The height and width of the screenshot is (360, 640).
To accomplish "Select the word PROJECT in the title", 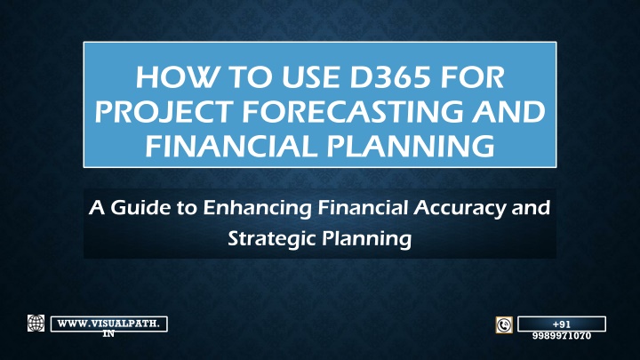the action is click(164, 111).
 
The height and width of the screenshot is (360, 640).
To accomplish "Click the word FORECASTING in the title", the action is click(353, 111).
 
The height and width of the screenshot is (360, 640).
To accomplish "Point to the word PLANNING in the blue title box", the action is click(410, 146).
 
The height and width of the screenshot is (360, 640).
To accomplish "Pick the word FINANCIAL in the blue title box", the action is click(231, 146).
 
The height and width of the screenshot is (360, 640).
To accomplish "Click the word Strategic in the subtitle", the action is click(271, 239).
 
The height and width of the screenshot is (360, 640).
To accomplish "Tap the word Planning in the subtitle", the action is click(367, 239).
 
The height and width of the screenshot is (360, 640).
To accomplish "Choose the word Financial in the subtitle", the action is click(363, 207).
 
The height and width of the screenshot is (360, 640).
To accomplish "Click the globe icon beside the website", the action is click(36, 324).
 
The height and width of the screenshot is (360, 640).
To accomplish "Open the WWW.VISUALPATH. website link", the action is click(109, 324).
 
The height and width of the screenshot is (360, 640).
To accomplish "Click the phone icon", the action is click(504, 325).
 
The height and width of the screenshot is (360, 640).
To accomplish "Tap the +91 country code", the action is click(562, 324).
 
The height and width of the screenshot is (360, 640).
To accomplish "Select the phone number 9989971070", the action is click(562, 336).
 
